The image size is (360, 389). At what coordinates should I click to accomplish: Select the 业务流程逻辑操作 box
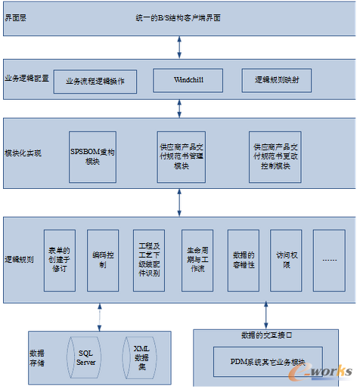(95, 81)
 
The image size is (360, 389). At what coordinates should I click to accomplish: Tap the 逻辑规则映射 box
(277, 79)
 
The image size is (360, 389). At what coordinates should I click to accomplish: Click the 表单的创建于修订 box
(59, 260)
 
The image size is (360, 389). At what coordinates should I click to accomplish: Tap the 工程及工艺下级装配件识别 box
(148, 260)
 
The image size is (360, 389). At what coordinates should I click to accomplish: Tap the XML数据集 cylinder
(141, 357)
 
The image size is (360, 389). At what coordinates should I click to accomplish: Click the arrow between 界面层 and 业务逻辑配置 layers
(178, 45)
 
